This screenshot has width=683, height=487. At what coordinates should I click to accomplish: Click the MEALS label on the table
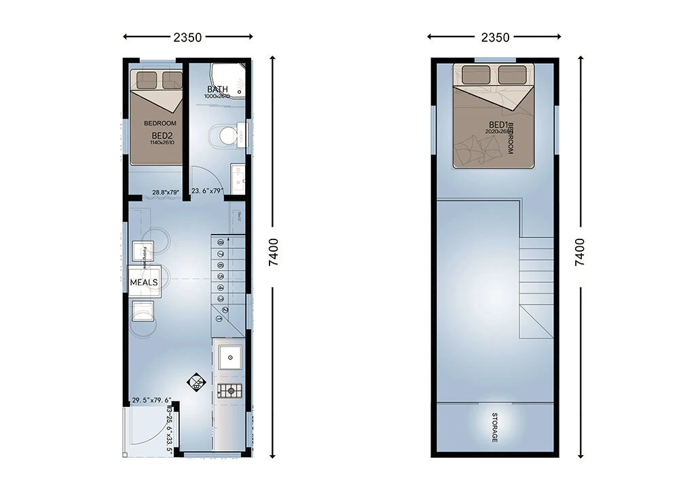144,281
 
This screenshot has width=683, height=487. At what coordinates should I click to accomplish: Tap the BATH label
217,90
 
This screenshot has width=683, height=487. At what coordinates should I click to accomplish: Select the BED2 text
162,136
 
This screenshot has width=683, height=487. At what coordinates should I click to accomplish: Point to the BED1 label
498,125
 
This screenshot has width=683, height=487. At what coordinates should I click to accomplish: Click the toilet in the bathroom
227,136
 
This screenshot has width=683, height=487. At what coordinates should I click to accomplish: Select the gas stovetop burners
229,390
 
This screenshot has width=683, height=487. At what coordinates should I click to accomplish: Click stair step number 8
221,241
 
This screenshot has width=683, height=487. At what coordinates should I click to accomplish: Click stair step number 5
221,276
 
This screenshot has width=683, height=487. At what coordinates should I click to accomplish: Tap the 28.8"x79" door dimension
165,193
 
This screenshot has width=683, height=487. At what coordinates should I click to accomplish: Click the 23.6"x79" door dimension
207,191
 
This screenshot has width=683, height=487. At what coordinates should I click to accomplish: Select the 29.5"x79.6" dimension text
151,400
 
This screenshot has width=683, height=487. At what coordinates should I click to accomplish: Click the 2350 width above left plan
187,37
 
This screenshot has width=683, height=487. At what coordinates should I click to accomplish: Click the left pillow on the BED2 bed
147,80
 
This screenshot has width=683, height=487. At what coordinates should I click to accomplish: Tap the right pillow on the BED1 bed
512,75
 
